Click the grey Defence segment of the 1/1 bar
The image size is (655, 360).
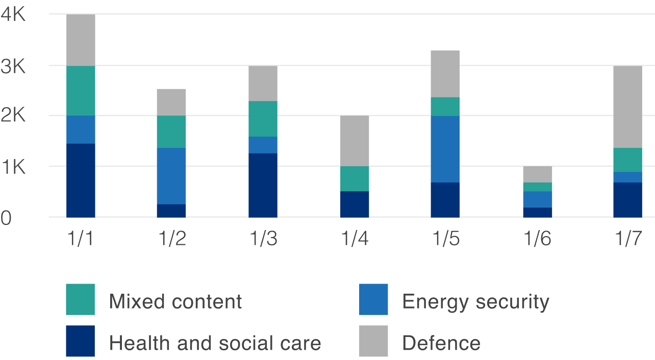click(81, 40)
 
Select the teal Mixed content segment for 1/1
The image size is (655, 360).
click(81, 91)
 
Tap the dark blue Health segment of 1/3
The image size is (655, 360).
click(263, 185)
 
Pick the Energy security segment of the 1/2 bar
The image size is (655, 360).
click(171, 176)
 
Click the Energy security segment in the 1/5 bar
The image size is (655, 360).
click(445, 149)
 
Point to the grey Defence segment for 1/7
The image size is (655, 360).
click(627, 107)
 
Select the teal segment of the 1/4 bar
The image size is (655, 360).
click(354, 178)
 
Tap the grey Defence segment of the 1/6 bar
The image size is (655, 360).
click(537, 174)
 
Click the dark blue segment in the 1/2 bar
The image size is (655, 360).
click(171, 211)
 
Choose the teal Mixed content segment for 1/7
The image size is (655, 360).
click(627, 160)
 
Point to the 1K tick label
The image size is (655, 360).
click(13, 167)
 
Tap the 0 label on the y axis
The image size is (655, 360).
click(6, 218)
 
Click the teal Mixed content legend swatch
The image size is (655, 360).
click(80, 299)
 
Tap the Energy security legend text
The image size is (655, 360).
click(475, 302)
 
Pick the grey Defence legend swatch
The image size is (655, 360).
click(373, 341)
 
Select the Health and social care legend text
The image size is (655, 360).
click(215, 343)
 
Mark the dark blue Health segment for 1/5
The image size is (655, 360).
click(445, 199)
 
